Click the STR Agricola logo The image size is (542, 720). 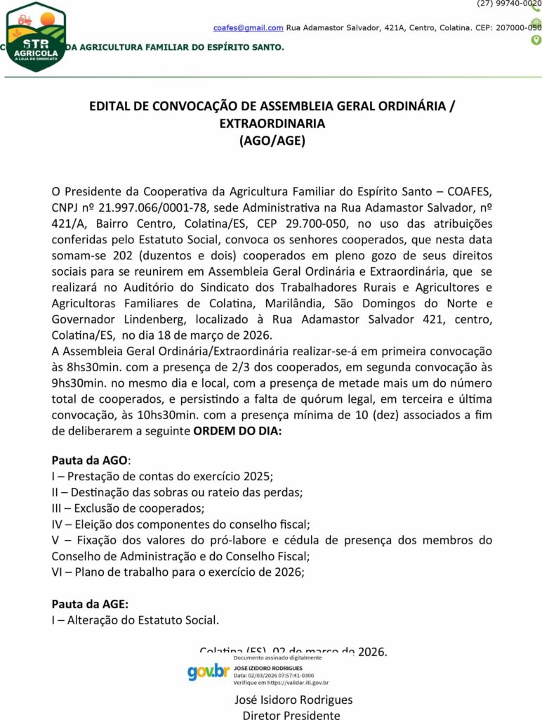(x=35, y=37)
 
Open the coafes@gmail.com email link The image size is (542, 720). (x=249, y=28)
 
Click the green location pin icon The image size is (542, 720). (x=536, y=40)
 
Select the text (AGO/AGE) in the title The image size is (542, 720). (x=272, y=140)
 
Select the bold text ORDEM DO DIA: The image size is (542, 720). (x=237, y=430)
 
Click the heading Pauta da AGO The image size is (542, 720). (x=90, y=461)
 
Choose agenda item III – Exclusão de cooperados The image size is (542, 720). (x=128, y=508)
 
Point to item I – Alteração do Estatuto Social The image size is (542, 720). (x=135, y=619)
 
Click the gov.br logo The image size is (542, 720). (x=209, y=671)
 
